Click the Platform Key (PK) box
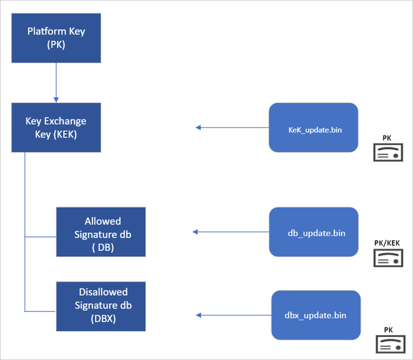click(56, 37)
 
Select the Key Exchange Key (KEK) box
click(56, 127)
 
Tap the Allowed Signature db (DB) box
click(101, 232)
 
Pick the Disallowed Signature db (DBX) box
click(101, 306)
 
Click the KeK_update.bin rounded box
click(313, 127)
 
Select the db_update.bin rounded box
click(313, 232)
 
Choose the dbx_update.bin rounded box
click(316, 315)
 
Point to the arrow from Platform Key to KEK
click(56, 81)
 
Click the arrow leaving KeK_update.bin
click(232, 127)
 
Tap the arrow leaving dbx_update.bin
click(234, 315)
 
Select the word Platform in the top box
click(44, 31)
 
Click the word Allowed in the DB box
click(103, 221)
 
